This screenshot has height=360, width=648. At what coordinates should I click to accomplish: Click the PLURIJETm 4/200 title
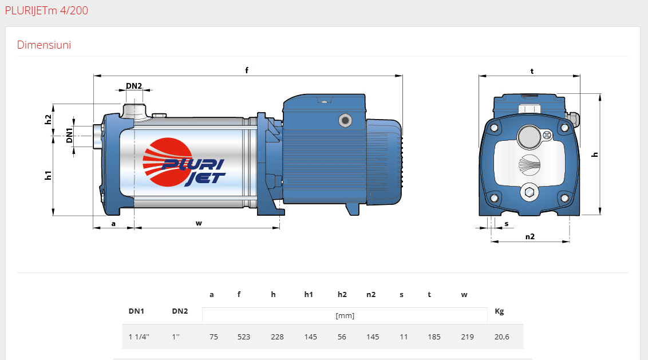click(x=46, y=10)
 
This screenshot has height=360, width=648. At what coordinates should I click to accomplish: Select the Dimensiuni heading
click(x=44, y=45)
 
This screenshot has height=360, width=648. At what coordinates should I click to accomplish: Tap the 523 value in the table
click(x=244, y=337)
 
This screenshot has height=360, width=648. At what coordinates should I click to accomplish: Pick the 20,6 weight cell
click(x=501, y=337)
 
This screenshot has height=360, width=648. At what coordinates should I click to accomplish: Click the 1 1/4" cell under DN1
click(x=139, y=337)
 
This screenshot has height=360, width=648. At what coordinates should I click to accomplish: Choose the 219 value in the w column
click(x=468, y=337)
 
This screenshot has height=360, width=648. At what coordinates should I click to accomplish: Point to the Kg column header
click(x=499, y=311)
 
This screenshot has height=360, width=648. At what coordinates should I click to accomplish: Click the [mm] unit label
click(x=345, y=316)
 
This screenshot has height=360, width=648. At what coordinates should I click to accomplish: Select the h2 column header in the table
click(x=342, y=294)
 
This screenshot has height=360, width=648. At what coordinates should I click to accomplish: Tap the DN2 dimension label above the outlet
click(x=134, y=86)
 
